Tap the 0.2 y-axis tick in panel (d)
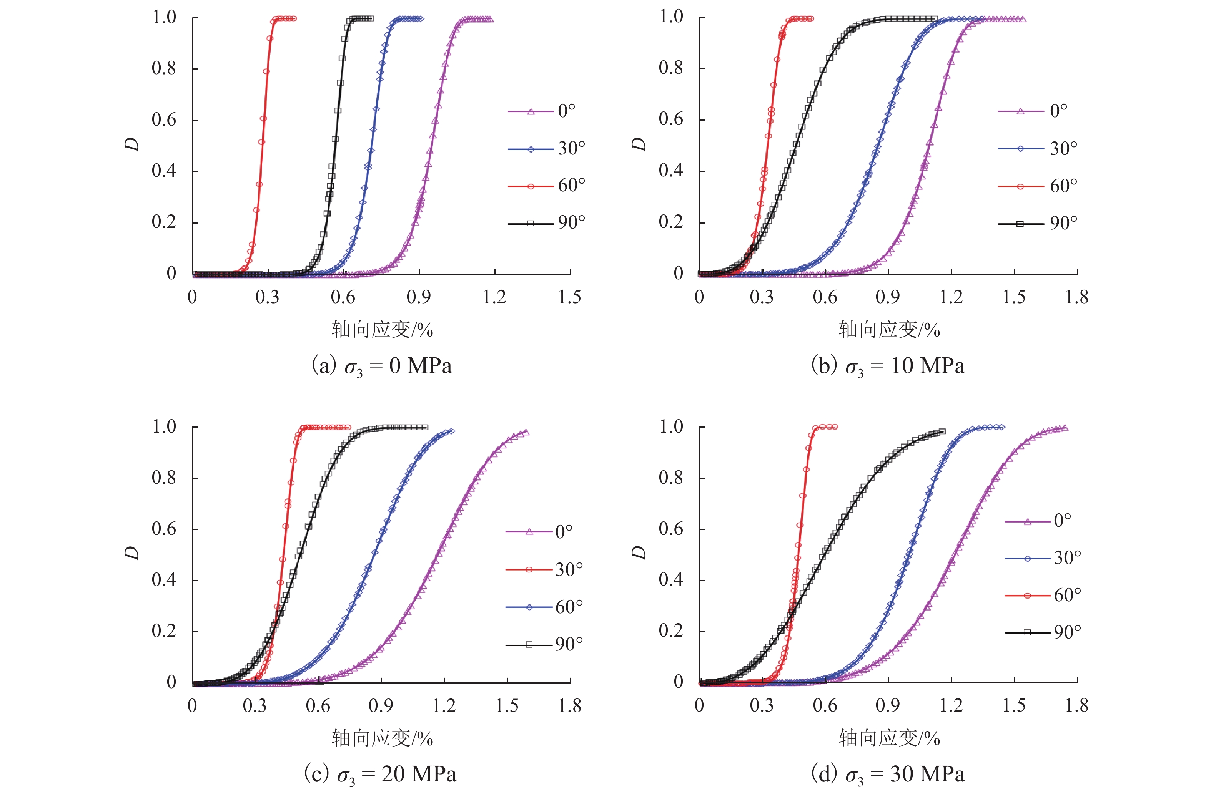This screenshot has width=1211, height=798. (x=671, y=631)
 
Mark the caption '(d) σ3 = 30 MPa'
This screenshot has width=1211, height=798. (x=888, y=775)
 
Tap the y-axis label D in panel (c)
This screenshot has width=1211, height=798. (x=132, y=553)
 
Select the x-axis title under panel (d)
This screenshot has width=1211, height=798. (x=889, y=738)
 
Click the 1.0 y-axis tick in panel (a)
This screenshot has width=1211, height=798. (x=164, y=18)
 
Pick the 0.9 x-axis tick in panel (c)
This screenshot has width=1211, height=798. (x=381, y=706)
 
